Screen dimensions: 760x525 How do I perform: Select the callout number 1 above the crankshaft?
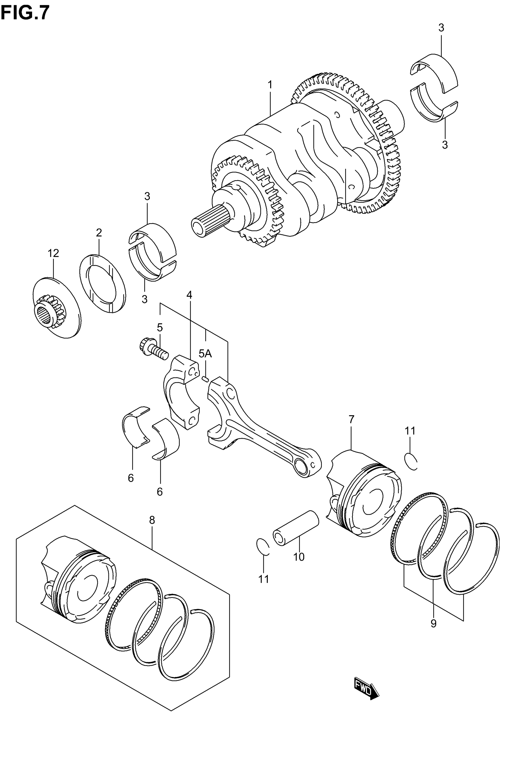270,85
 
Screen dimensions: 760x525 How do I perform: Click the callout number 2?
99,233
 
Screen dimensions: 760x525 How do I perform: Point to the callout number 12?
53,253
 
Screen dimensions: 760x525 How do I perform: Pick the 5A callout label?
205,354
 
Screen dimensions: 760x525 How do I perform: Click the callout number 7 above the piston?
351,420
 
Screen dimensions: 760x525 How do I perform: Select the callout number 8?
152,520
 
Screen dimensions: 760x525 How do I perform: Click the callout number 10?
299,557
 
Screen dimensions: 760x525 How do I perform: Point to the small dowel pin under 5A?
205,379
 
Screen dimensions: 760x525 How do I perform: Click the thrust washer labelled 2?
102,283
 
